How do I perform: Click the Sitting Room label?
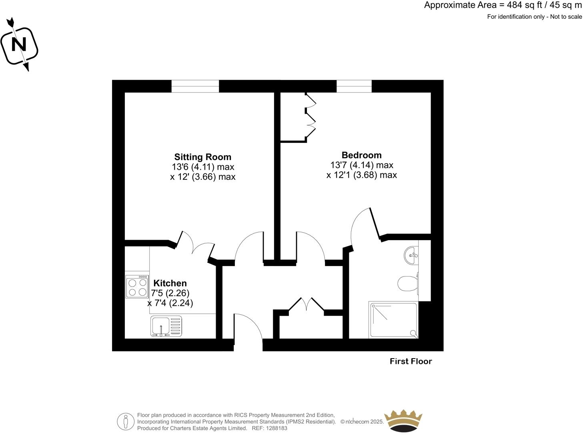pos(202,157)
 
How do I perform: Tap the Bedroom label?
pos(361,155)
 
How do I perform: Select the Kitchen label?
pos(170,283)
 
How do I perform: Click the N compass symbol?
pos(19,44)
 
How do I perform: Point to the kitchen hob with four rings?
pos(137,287)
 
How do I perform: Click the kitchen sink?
pos(166,326)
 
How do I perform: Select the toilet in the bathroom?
pos(408,283)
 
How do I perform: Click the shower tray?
pos(393,320)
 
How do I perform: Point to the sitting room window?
pos(195,86)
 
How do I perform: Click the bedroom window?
pos(354,86)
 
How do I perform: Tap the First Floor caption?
pos(411,361)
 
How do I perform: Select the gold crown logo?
pos(403,421)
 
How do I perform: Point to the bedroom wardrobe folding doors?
pos(311,116)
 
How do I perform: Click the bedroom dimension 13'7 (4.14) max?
pos(361,165)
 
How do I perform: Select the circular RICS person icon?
pos(126,421)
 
